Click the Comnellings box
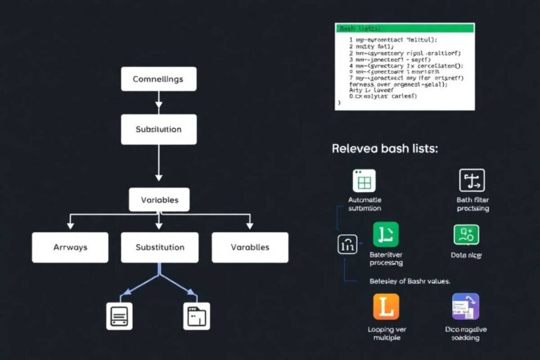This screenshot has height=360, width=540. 158,79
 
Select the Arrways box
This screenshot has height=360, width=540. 70,247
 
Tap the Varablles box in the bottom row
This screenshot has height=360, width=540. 250,247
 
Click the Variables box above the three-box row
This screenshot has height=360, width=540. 159,200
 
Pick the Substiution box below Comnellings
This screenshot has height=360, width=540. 158,129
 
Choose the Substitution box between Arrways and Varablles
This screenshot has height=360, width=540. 160,247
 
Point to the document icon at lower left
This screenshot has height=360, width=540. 119,316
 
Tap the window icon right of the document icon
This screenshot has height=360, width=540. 197,316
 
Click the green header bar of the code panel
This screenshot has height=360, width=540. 404,28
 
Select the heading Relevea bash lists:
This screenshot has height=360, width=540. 385,149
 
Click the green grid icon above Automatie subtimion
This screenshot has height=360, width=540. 364,181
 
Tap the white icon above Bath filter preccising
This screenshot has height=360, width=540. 472,181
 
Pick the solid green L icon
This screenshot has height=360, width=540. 385,234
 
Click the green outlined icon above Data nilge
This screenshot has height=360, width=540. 466,234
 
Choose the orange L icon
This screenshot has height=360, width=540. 385,307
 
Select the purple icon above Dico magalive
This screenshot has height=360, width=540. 465,307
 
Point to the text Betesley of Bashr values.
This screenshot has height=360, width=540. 409,281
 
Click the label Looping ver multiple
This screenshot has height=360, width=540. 387,333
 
